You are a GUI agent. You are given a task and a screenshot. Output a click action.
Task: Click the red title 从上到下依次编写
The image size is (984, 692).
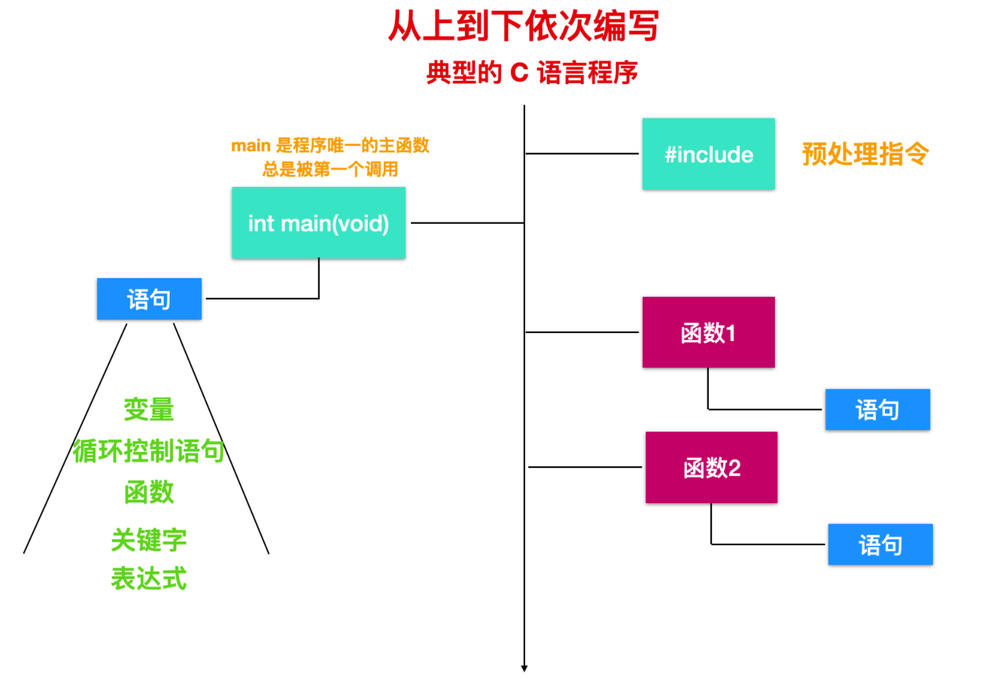pyautogui.click(x=524, y=25)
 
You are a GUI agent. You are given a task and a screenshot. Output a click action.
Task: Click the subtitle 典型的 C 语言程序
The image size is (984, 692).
pyautogui.click(x=532, y=72)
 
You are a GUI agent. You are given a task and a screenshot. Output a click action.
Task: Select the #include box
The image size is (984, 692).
pyautogui.click(x=708, y=154)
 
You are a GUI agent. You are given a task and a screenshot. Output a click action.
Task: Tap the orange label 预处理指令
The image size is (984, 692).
pyautogui.click(x=866, y=154)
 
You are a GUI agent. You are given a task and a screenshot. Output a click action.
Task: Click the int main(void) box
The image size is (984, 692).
pyautogui.click(x=319, y=223)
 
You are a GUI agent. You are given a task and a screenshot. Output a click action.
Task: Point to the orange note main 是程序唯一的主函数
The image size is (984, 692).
pyautogui.click(x=330, y=146)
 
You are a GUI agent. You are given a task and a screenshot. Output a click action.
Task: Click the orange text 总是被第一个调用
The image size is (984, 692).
pyautogui.click(x=330, y=169)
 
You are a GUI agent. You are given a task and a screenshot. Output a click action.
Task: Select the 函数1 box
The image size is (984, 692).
pyautogui.click(x=708, y=332)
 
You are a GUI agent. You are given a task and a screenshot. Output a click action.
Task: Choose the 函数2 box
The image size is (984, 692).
pyautogui.click(x=711, y=468)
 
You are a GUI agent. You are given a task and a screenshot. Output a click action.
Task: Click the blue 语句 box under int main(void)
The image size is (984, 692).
pyautogui.click(x=150, y=299)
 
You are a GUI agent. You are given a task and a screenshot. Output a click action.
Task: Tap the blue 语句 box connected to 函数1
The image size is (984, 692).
pyautogui.click(x=877, y=409)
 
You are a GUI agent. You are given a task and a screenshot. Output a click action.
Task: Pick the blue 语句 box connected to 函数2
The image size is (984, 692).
pyautogui.click(x=880, y=545)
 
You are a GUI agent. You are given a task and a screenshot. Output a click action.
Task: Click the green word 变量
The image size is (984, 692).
pyautogui.click(x=149, y=409)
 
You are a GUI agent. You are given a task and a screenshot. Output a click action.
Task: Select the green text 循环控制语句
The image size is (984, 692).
pyautogui.click(x=149, y=451)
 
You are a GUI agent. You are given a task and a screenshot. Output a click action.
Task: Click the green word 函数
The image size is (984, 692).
pyautogui.click(x=149, y=492)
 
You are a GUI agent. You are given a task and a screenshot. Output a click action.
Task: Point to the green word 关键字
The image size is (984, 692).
pyautogui.click(x=149, y=540)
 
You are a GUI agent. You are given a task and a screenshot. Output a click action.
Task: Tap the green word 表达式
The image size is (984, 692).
pyautogui.click(x=149, y=578)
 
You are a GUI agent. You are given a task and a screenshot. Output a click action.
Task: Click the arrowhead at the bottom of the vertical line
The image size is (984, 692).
pyautogui.click(x=524, y=668)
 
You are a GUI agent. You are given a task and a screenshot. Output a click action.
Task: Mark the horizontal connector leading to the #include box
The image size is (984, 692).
pyautogui.click(x=582, y=153)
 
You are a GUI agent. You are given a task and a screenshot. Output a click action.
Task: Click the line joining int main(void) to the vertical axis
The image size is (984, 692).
pyautogui.click(x=467, y=223)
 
